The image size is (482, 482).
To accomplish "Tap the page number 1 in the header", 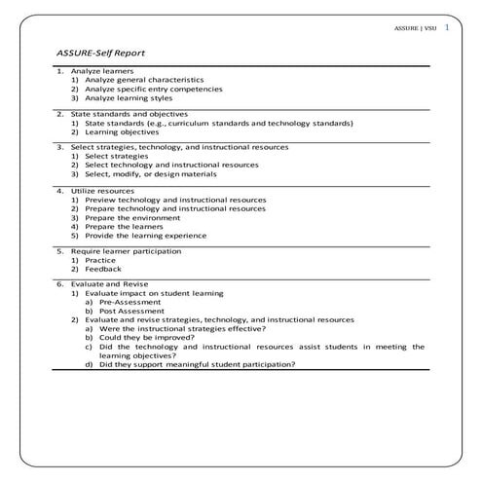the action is point(447,28).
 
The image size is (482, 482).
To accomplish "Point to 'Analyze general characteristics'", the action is point(144,80).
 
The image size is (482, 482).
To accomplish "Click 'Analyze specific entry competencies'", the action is point(153,90).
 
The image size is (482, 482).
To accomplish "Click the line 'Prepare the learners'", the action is point(125,227).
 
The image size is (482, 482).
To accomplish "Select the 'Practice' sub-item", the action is point(100,260).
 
